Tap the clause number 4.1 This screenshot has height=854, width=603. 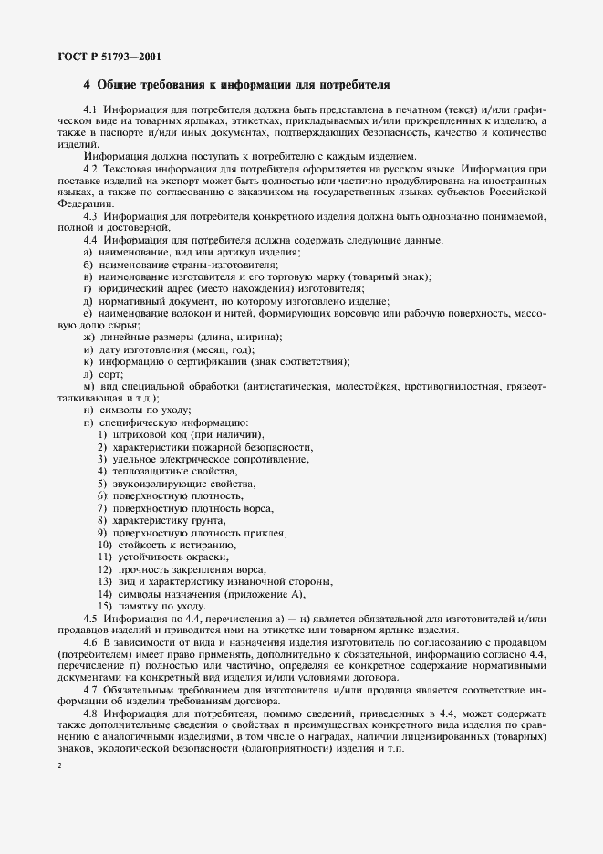pos(89,110)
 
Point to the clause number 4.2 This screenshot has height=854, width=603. pos(89,169)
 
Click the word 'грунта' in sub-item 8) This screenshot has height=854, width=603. pos(203,519)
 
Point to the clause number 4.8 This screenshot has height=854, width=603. pos(89,712)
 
